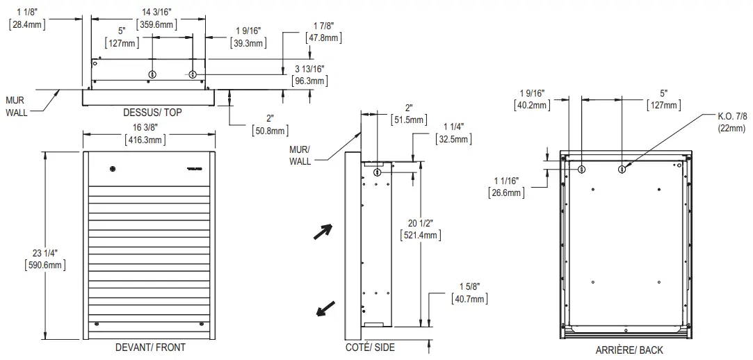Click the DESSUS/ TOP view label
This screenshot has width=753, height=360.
coord(153,113)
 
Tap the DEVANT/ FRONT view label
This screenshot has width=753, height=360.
coord(150,347)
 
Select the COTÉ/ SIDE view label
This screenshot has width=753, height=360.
coord(371,347)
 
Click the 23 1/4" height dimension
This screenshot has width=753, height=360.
coord(45,259)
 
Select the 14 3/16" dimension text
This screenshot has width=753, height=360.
coord(156,18)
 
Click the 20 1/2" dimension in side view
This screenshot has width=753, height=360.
coord(420,229)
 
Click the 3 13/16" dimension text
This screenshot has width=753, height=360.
coord(309,75)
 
